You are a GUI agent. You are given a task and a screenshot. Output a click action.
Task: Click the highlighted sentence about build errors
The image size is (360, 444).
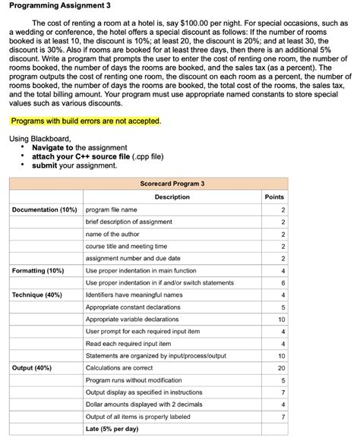[85, 121]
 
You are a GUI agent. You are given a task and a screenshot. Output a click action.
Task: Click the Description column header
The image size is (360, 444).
[172, 197]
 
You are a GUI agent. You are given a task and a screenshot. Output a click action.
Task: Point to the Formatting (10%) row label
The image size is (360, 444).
[38, 270]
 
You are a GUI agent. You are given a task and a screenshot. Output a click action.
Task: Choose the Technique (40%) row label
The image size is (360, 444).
[37, 294]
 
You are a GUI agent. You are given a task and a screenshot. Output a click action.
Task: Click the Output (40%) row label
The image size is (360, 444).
[33, 367]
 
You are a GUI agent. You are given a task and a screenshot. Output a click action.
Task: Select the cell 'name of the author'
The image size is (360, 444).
[113, 234]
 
